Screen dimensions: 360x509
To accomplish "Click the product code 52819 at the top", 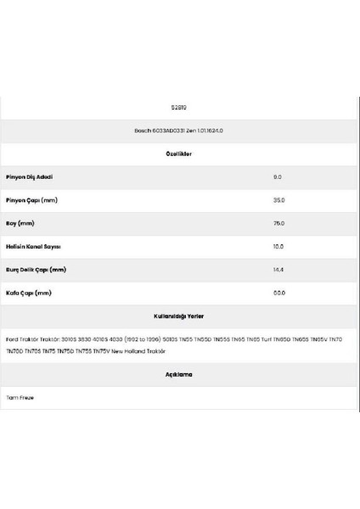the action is pyautogui.click(x=178, y=108).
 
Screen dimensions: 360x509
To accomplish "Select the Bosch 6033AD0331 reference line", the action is pyautogui.click(x=178, y=131).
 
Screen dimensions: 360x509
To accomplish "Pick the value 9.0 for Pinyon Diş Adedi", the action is pyautogui.click(x=278, y=177).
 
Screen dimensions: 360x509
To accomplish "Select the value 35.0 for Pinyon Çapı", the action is pyautogui.click(x=278, y=200).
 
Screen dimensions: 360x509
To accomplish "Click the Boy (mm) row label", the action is pyautogui.click(x=20, y=223).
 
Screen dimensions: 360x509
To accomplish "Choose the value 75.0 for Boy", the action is pyautogui.click(x=278, y=223).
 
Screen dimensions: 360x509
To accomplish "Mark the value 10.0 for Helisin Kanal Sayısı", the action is pyautogui.click(x=278, y=247).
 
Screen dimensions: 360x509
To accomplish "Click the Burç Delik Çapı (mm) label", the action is pyautogui.click(x=35, y=270).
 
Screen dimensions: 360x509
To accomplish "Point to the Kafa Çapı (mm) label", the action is pyautogui.click(x=28, y=293).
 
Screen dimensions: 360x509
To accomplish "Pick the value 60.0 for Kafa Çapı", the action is pyautogui.click(x=278, y=293).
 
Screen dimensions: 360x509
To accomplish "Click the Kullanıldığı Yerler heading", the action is pyautogui.click(x=178, y=316).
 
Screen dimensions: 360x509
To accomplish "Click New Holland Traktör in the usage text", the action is pyautogui.click(x=140, y=350).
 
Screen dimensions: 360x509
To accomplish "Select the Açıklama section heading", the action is pyautogui.click(x=178, y=374).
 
